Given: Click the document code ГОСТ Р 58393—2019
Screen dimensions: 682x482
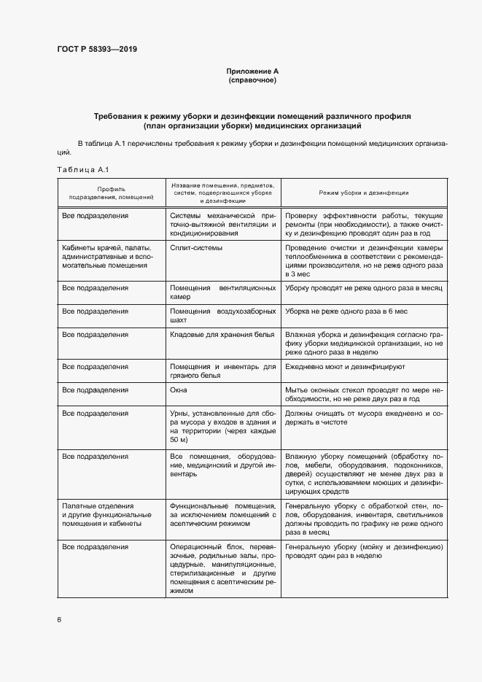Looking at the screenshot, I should (96, 50).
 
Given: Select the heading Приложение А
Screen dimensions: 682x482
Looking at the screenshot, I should (252, 71).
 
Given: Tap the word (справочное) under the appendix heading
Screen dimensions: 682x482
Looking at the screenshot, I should (252, 80).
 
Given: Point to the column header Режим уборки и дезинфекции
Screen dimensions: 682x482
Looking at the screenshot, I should (364, 193).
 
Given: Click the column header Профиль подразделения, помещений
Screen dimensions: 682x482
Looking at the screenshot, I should (111, 193).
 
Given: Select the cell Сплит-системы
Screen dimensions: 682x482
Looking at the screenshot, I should (196, 248).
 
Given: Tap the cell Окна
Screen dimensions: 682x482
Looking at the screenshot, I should (179, 390).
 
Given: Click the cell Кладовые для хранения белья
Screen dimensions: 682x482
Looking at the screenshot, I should (222, 334).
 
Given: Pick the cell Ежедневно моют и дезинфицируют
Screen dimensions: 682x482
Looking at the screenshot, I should (345, 366).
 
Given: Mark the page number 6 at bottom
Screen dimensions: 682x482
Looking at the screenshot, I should (59, 619).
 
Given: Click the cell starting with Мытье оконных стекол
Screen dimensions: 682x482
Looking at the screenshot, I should (364, 394).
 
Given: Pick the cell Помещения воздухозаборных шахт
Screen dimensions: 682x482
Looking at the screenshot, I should (222, 315).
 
